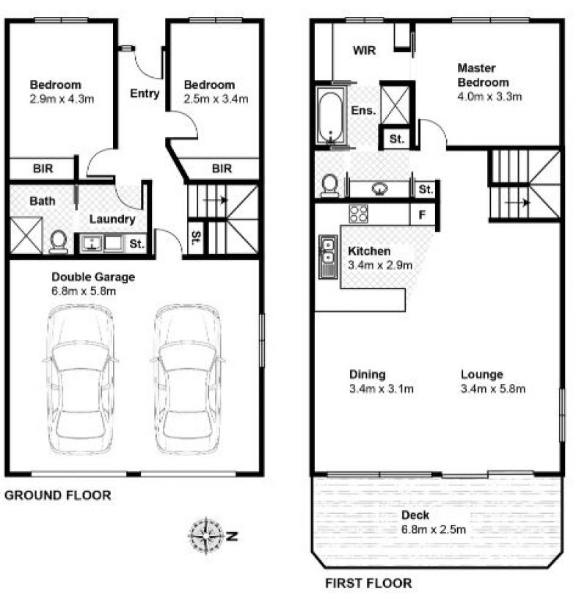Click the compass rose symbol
(x=206, y=536)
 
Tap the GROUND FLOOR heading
(x=58, y=495)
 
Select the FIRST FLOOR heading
(x=368, y=584)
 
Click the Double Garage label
(x=93, y=277)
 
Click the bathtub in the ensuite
(x=330, y=116)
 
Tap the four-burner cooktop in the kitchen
(x=359, y=214)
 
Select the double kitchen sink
(x=328, y=257)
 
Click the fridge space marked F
(x=422, y=214)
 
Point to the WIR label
(x=365, y=51)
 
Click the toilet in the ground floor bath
(x=59, y=242)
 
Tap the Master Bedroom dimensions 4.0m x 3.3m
(x=489, y=96)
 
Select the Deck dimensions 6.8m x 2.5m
(x=434, y=529)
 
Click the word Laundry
(x=112, y=219)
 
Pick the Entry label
(x=145, y=94)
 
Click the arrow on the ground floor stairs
(x=216, y=200)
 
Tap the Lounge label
(x=482, y=374)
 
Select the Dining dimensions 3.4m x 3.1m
(x=381, y=389)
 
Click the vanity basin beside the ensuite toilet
(x=379, y=189)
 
